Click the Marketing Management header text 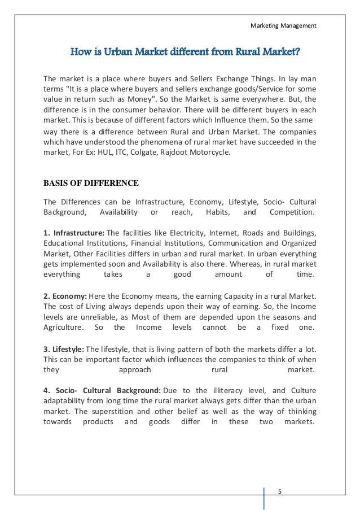283,25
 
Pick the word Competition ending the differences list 292,212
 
